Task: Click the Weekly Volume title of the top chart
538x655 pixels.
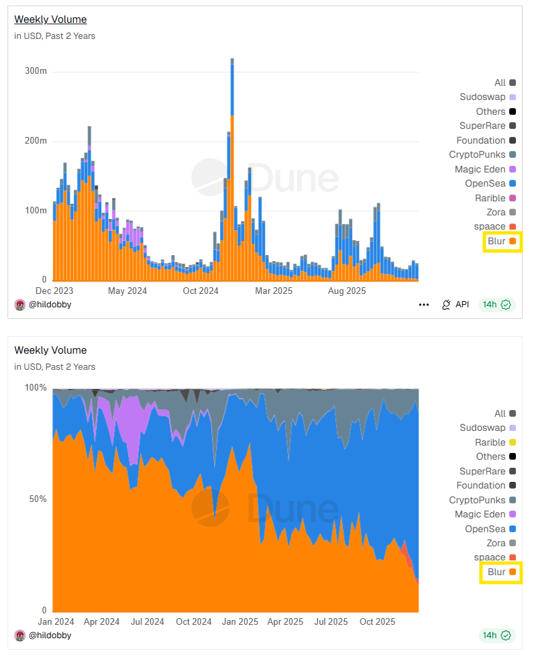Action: [50, 19]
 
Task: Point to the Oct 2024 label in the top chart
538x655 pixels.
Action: [201, 291]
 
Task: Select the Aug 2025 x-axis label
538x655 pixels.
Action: [346, 291]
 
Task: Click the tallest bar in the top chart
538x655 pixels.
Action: [232, 168]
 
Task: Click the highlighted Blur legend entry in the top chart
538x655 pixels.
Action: [502, 241]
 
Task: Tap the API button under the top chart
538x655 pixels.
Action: [455, 305]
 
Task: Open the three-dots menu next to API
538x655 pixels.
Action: [423, 305]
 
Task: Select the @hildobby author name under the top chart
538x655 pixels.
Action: [50, 304]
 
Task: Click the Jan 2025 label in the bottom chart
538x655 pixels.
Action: [239, 621]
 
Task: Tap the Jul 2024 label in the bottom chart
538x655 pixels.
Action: [146, 621]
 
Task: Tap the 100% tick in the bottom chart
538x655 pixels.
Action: [35, 388]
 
